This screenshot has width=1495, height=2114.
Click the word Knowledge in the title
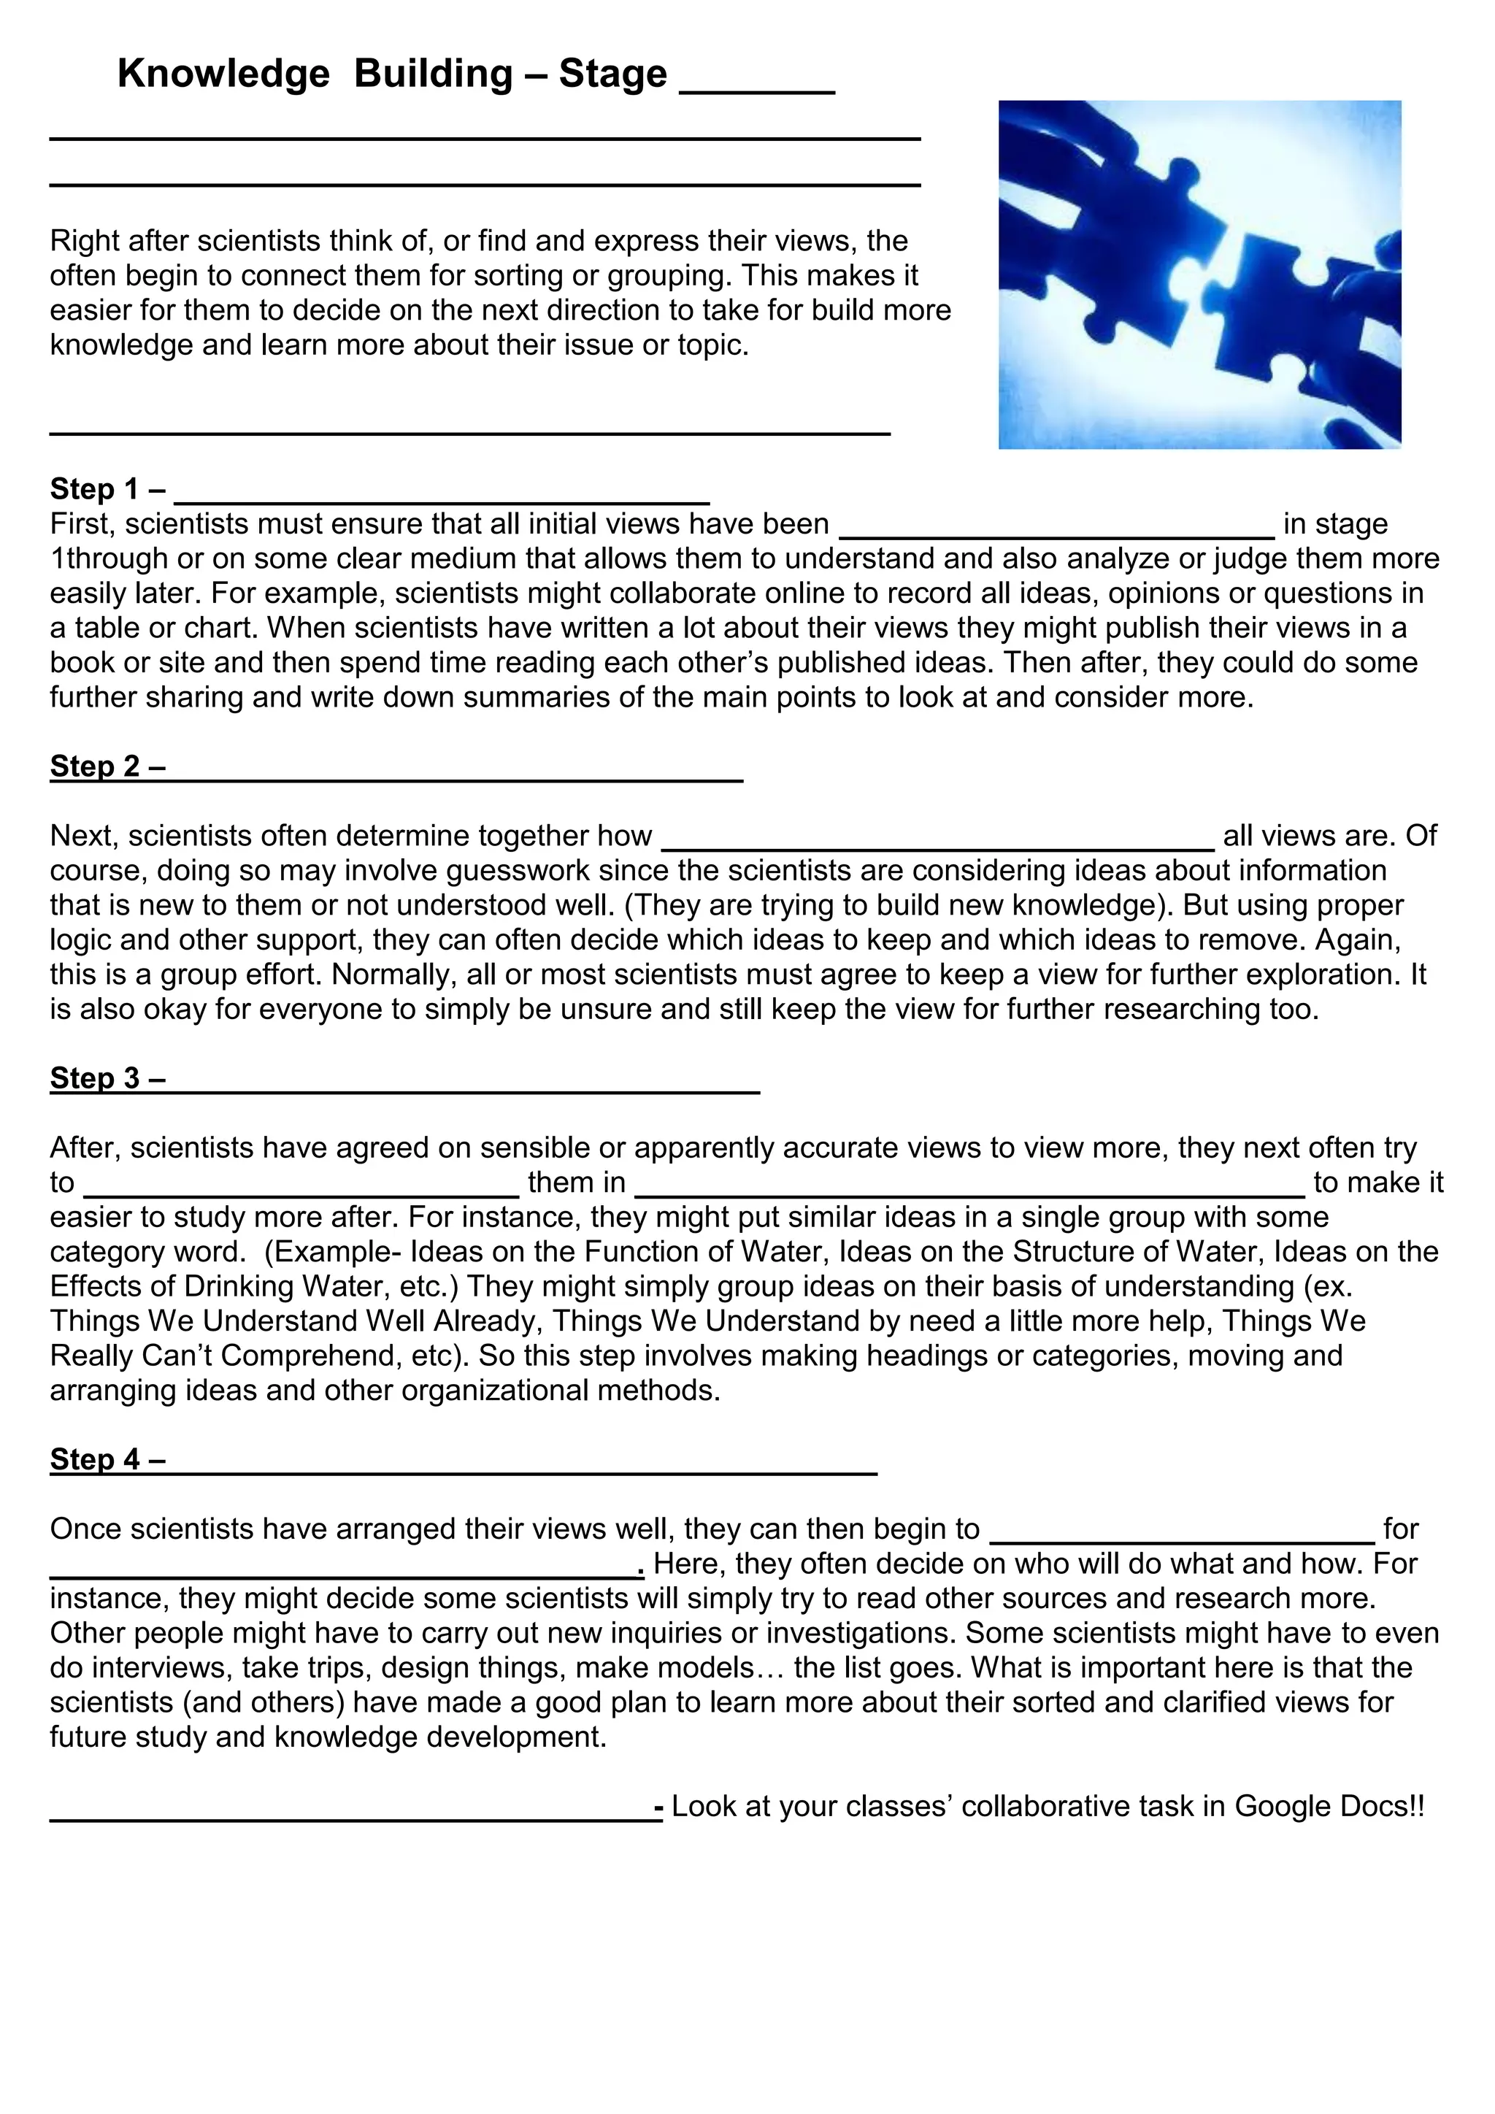223,74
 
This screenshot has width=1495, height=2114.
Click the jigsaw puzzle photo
1199,274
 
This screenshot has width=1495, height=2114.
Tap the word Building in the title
433,74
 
